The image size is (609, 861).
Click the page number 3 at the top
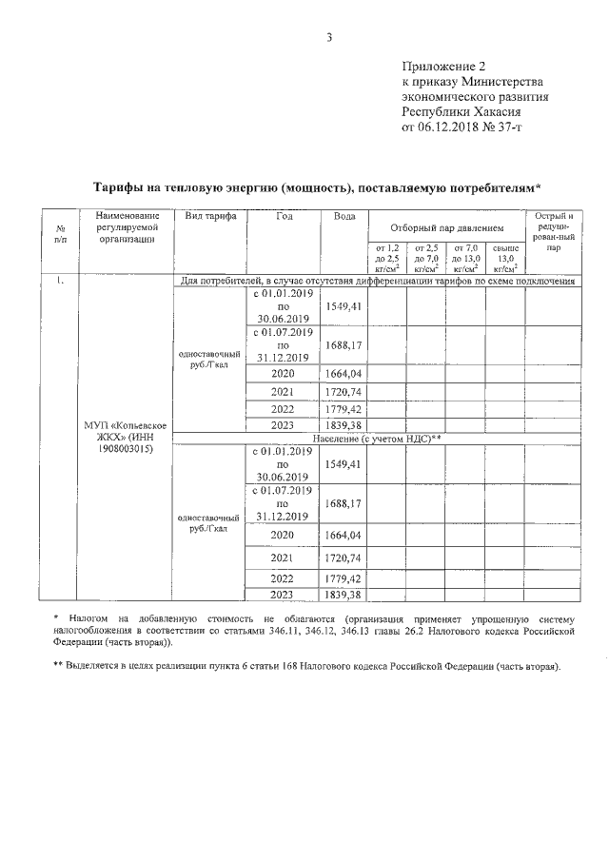(328, 37)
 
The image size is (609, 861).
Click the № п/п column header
(60, 233)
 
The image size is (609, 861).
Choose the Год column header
(284, 217)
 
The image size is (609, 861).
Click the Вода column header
(344, 217)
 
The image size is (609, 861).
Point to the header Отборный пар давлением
(445, 228)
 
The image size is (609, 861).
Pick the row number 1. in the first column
(60, 281)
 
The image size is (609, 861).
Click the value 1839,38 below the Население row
(343, 595)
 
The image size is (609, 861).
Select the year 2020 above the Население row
(283, 373)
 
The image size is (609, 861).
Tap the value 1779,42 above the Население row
(343, 408)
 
